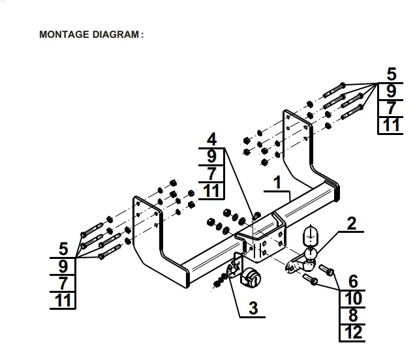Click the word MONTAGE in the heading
61,35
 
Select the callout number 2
352,224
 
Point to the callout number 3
253,307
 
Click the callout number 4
211,139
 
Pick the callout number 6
353,282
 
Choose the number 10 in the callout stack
353,299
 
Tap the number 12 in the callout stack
353,333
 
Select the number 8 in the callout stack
353,316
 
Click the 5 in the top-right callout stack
391,73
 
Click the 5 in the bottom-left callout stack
63,248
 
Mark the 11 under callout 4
211,190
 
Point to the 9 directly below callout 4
211,157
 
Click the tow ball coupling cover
311,237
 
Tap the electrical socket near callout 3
249,278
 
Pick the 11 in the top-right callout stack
391,124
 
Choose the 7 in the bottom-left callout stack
63,283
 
